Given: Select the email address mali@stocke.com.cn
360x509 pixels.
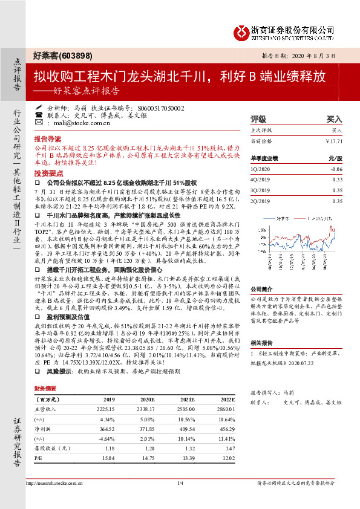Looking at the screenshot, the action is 79,122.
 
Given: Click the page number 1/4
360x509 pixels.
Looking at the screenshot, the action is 180,482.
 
